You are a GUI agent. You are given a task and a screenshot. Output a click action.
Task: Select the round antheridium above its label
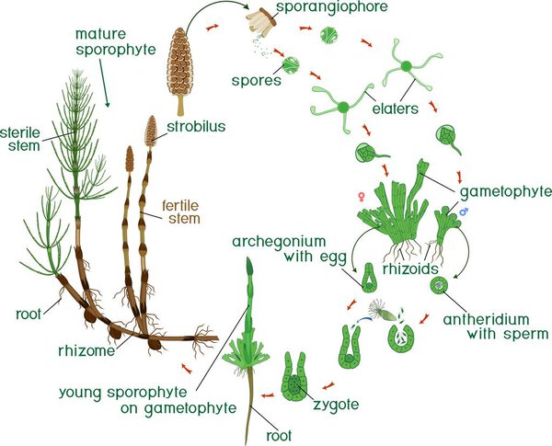[443, 287]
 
